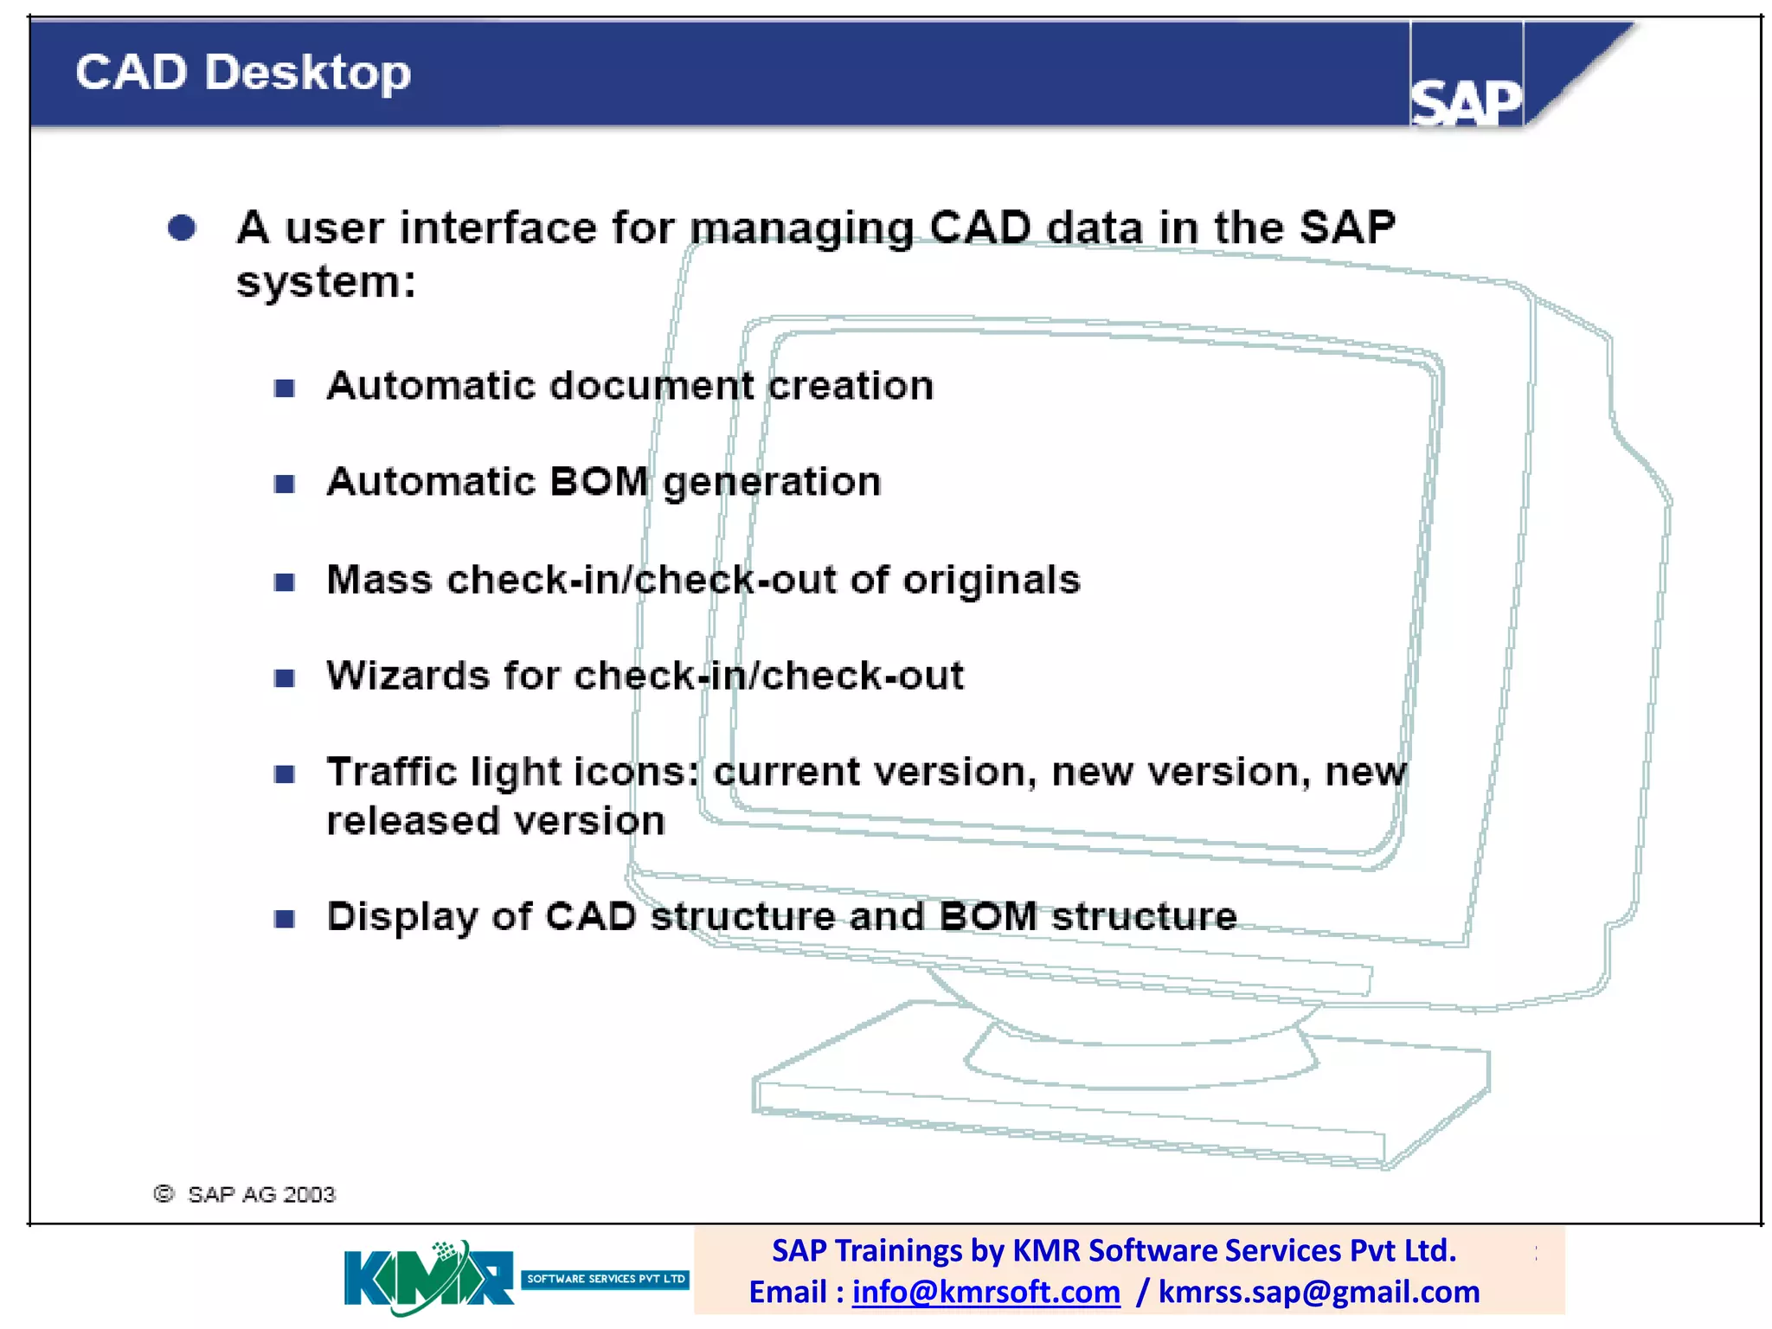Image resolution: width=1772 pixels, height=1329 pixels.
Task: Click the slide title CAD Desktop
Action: (x=242, y=73)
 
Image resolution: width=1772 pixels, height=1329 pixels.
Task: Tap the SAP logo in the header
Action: (x=1466, y=102)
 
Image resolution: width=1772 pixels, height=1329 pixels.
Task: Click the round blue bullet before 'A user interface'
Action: (x=182, y=228)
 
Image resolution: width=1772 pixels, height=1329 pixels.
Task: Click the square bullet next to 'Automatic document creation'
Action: (x=285, y=388)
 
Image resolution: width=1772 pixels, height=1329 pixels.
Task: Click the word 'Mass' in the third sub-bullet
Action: (x=379, y=580)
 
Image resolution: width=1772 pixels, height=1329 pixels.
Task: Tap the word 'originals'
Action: (x=992, y=580)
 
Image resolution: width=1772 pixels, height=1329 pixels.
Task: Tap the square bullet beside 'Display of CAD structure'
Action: (x=285, y=919)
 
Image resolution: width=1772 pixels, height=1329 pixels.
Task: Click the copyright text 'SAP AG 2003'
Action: (x=260, y=1195)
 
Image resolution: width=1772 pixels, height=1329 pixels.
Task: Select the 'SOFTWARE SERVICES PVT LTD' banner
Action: (x=605, y=1279)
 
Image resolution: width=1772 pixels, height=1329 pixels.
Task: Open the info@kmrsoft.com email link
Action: (x=986, y=1292)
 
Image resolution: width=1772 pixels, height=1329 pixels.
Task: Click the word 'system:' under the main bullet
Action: (x=326, y=282)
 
